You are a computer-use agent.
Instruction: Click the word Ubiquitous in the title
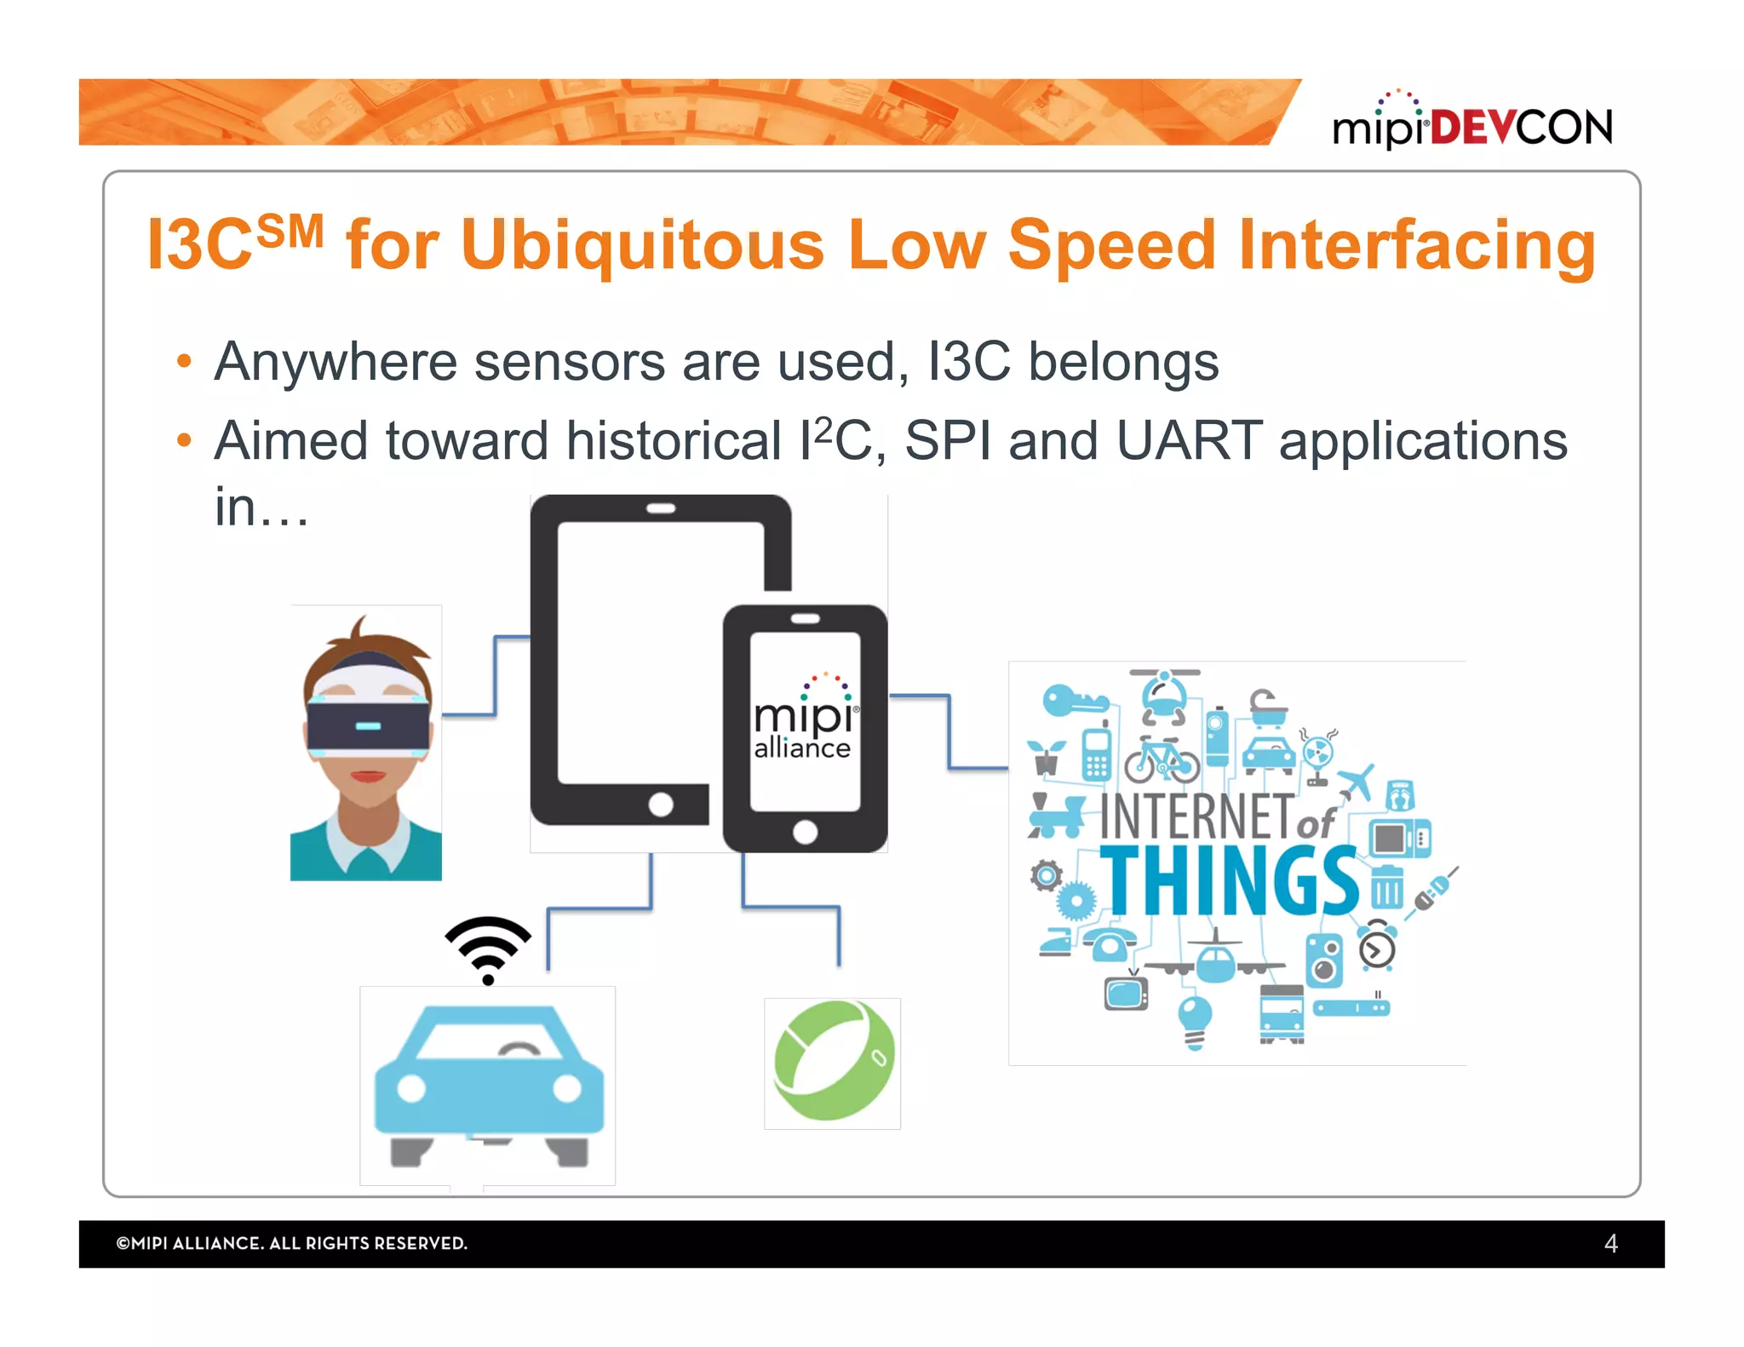[642, 245]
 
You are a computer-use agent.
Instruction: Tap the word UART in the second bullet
[1189, 441]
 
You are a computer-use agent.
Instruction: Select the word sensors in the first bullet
[569, 362]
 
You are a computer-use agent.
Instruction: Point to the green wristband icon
[833, 1061]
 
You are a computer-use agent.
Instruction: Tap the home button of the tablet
[661, 804]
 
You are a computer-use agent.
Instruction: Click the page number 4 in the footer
[1610, 1243]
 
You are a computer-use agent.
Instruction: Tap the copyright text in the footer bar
[291, 1243]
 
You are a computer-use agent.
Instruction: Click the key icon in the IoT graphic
[1074, 701]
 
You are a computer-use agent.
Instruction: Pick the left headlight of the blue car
[411, 1087]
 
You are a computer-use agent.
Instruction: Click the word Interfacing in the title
[1417, 245]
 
